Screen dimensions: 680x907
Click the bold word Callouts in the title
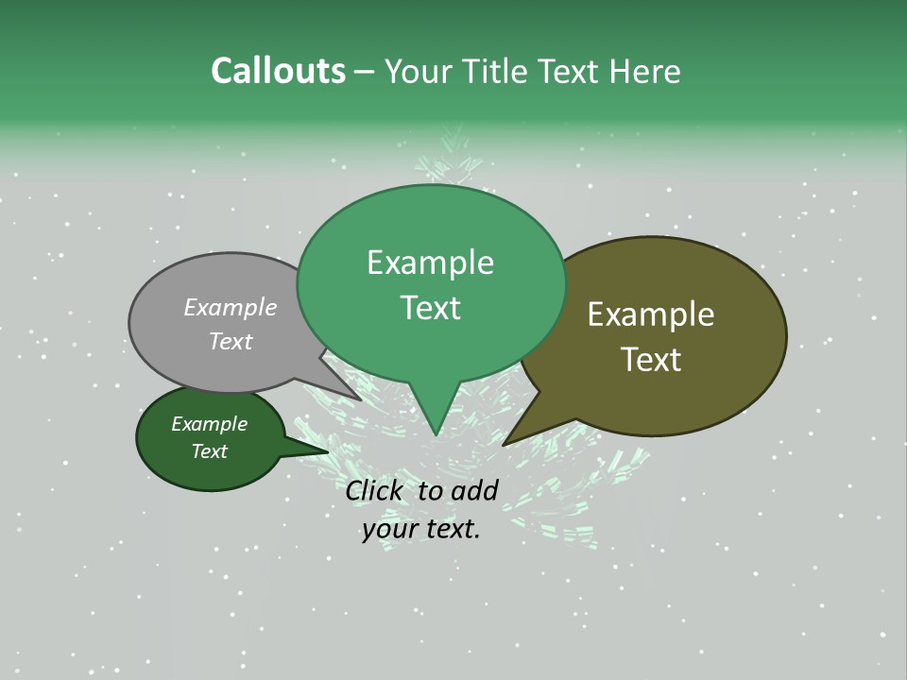coord(278,71)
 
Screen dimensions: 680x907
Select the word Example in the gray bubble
coord(231,307)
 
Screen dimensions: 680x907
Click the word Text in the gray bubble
coord(231,341)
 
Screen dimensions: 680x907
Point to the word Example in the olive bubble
coord(651,314)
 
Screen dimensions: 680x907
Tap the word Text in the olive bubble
coord(651,360)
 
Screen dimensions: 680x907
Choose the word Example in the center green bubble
coord(430,263)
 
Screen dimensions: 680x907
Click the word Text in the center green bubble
coord(430,308)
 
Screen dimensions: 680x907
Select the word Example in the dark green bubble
coord(209,424)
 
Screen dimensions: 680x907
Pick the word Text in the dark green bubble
coord(209,451)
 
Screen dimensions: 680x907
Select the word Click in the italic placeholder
coord(374,490)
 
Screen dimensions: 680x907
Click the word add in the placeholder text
coord(474,490)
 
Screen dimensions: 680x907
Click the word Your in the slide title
coord(419,71)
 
